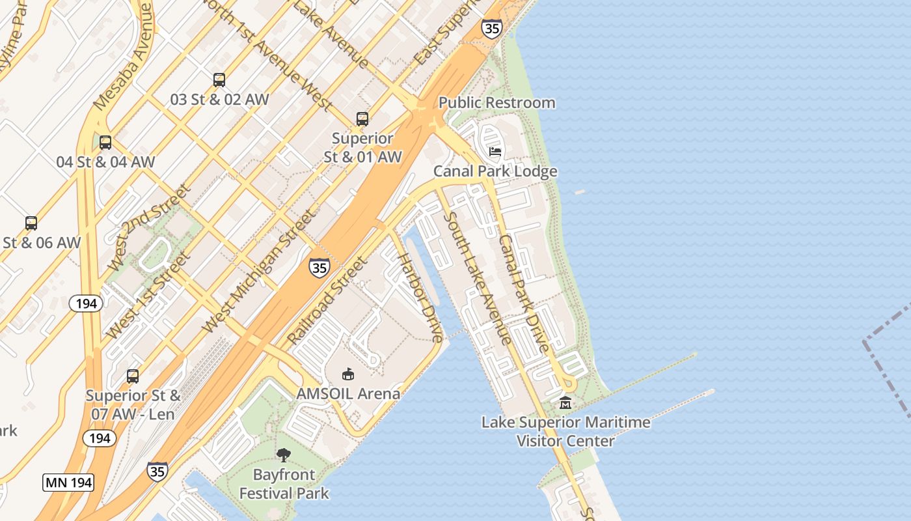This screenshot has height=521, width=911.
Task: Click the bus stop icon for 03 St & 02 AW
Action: coord(219,80)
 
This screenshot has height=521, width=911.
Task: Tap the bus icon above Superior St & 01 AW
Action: coord(362,119)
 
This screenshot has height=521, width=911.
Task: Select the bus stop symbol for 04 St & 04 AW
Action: coord(105,143)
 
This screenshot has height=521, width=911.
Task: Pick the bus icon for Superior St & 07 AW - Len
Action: coord(133,376)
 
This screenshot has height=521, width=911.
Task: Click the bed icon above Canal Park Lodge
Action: coord(495,152)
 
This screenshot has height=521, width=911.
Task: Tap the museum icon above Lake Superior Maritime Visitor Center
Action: coord(565,403)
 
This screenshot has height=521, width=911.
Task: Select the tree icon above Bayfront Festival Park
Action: coord(284,455)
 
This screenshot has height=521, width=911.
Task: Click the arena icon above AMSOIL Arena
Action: coord(348,374)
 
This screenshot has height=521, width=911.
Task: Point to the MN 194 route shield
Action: coord(68,483)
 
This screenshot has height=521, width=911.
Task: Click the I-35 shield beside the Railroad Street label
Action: coord(319,267)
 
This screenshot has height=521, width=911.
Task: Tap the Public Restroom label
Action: coord(496,103)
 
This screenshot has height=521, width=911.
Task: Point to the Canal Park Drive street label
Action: coord(524,293)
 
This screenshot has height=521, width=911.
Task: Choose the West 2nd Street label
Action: coord(149,227)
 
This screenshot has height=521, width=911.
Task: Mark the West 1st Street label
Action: coord(149,295)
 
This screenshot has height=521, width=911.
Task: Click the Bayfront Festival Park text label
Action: coord(284,484)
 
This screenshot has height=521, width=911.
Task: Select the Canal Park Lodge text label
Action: coord(496,171)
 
